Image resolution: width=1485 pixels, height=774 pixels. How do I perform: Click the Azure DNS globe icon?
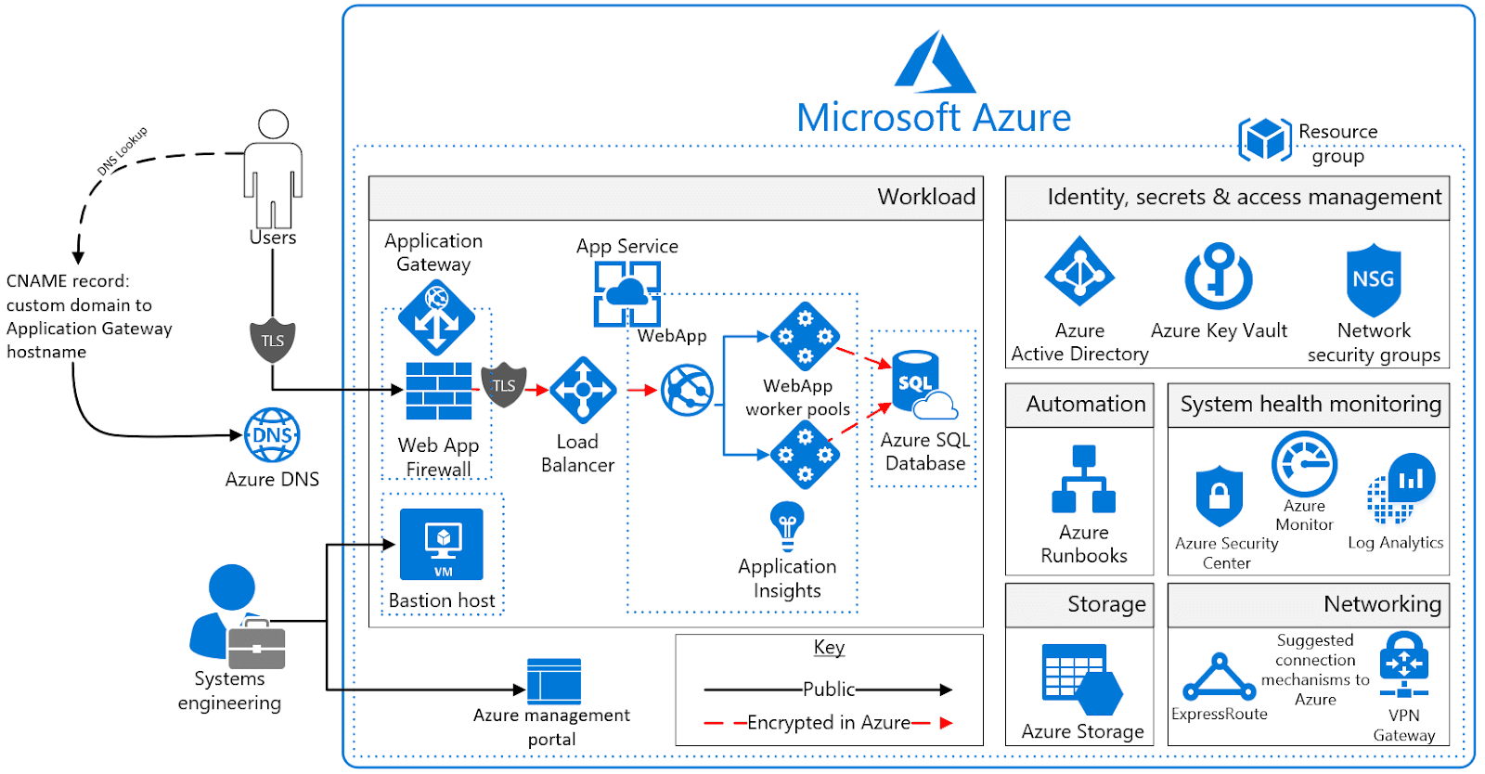272,435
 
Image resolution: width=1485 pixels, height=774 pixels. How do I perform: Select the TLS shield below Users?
273,341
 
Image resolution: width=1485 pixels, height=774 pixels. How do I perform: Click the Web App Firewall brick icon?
438,391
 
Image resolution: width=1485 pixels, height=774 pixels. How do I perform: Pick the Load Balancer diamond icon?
583,390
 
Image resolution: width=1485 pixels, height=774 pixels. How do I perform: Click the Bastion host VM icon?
442,544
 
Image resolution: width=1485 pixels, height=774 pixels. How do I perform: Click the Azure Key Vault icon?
1219,277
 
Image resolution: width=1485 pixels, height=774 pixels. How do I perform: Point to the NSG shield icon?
1374,279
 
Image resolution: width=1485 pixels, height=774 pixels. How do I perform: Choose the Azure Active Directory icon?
1079,272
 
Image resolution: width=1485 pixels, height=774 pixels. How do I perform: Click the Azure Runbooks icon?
1083,480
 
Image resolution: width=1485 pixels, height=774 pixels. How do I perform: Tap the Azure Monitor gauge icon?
1304,464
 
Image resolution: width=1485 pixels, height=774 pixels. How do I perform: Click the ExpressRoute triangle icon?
1219,677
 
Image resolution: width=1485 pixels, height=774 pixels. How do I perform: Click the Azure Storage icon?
1081,679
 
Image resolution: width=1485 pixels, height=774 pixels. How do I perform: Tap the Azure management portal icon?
554,681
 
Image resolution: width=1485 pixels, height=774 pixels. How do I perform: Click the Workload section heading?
925,197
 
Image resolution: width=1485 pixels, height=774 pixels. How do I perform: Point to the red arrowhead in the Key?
946,723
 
